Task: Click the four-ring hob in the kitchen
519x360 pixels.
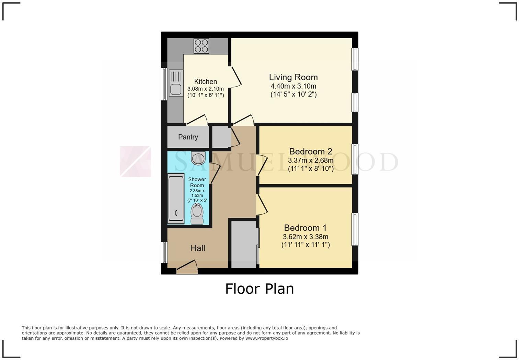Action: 201,46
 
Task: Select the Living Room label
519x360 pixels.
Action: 293,77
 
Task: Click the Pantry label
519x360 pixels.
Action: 188,137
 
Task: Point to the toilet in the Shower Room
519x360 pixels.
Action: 197,213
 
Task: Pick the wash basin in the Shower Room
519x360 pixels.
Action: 198,158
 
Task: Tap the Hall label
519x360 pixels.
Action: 198,248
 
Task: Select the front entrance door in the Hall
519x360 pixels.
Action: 187,268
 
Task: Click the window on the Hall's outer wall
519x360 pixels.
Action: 164,252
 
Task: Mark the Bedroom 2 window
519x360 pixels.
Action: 355,159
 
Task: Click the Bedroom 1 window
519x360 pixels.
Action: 355,229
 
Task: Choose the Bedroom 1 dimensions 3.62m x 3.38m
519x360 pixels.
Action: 305,237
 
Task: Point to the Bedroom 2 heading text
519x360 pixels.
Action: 311,151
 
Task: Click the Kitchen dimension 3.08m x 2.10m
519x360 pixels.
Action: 205,89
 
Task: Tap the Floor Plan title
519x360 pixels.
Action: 259,289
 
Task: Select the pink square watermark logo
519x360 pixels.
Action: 135,161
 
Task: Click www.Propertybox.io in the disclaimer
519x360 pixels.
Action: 267,338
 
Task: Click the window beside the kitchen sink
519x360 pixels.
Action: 164,84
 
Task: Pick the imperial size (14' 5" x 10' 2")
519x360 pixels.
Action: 293,94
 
